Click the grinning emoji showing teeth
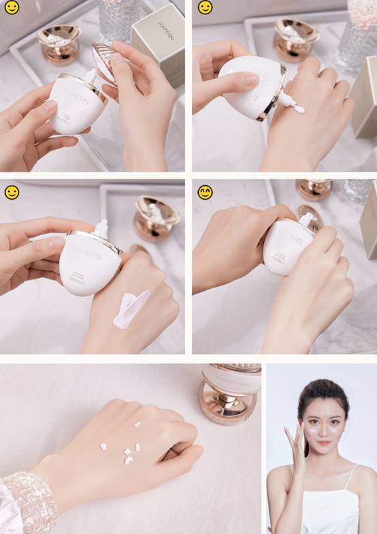(x=205, y=193)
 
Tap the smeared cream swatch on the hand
(x=131, y=309)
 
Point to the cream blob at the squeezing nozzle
(x=298, y=108)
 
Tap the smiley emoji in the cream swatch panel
(x=12, y=193)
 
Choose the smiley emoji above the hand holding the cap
(x=12, y=7)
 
